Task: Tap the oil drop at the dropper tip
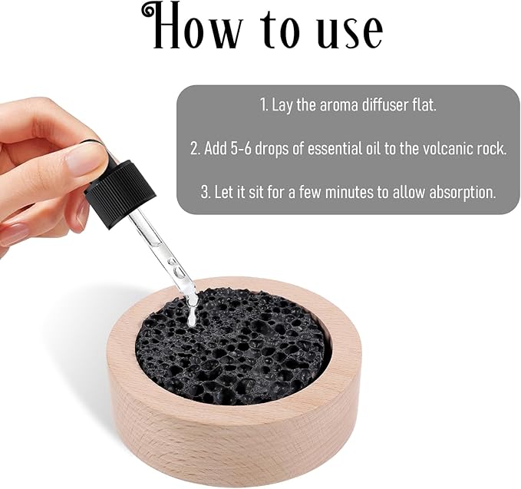[x=191, y=312]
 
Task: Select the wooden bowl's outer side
[x=230, y=438]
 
